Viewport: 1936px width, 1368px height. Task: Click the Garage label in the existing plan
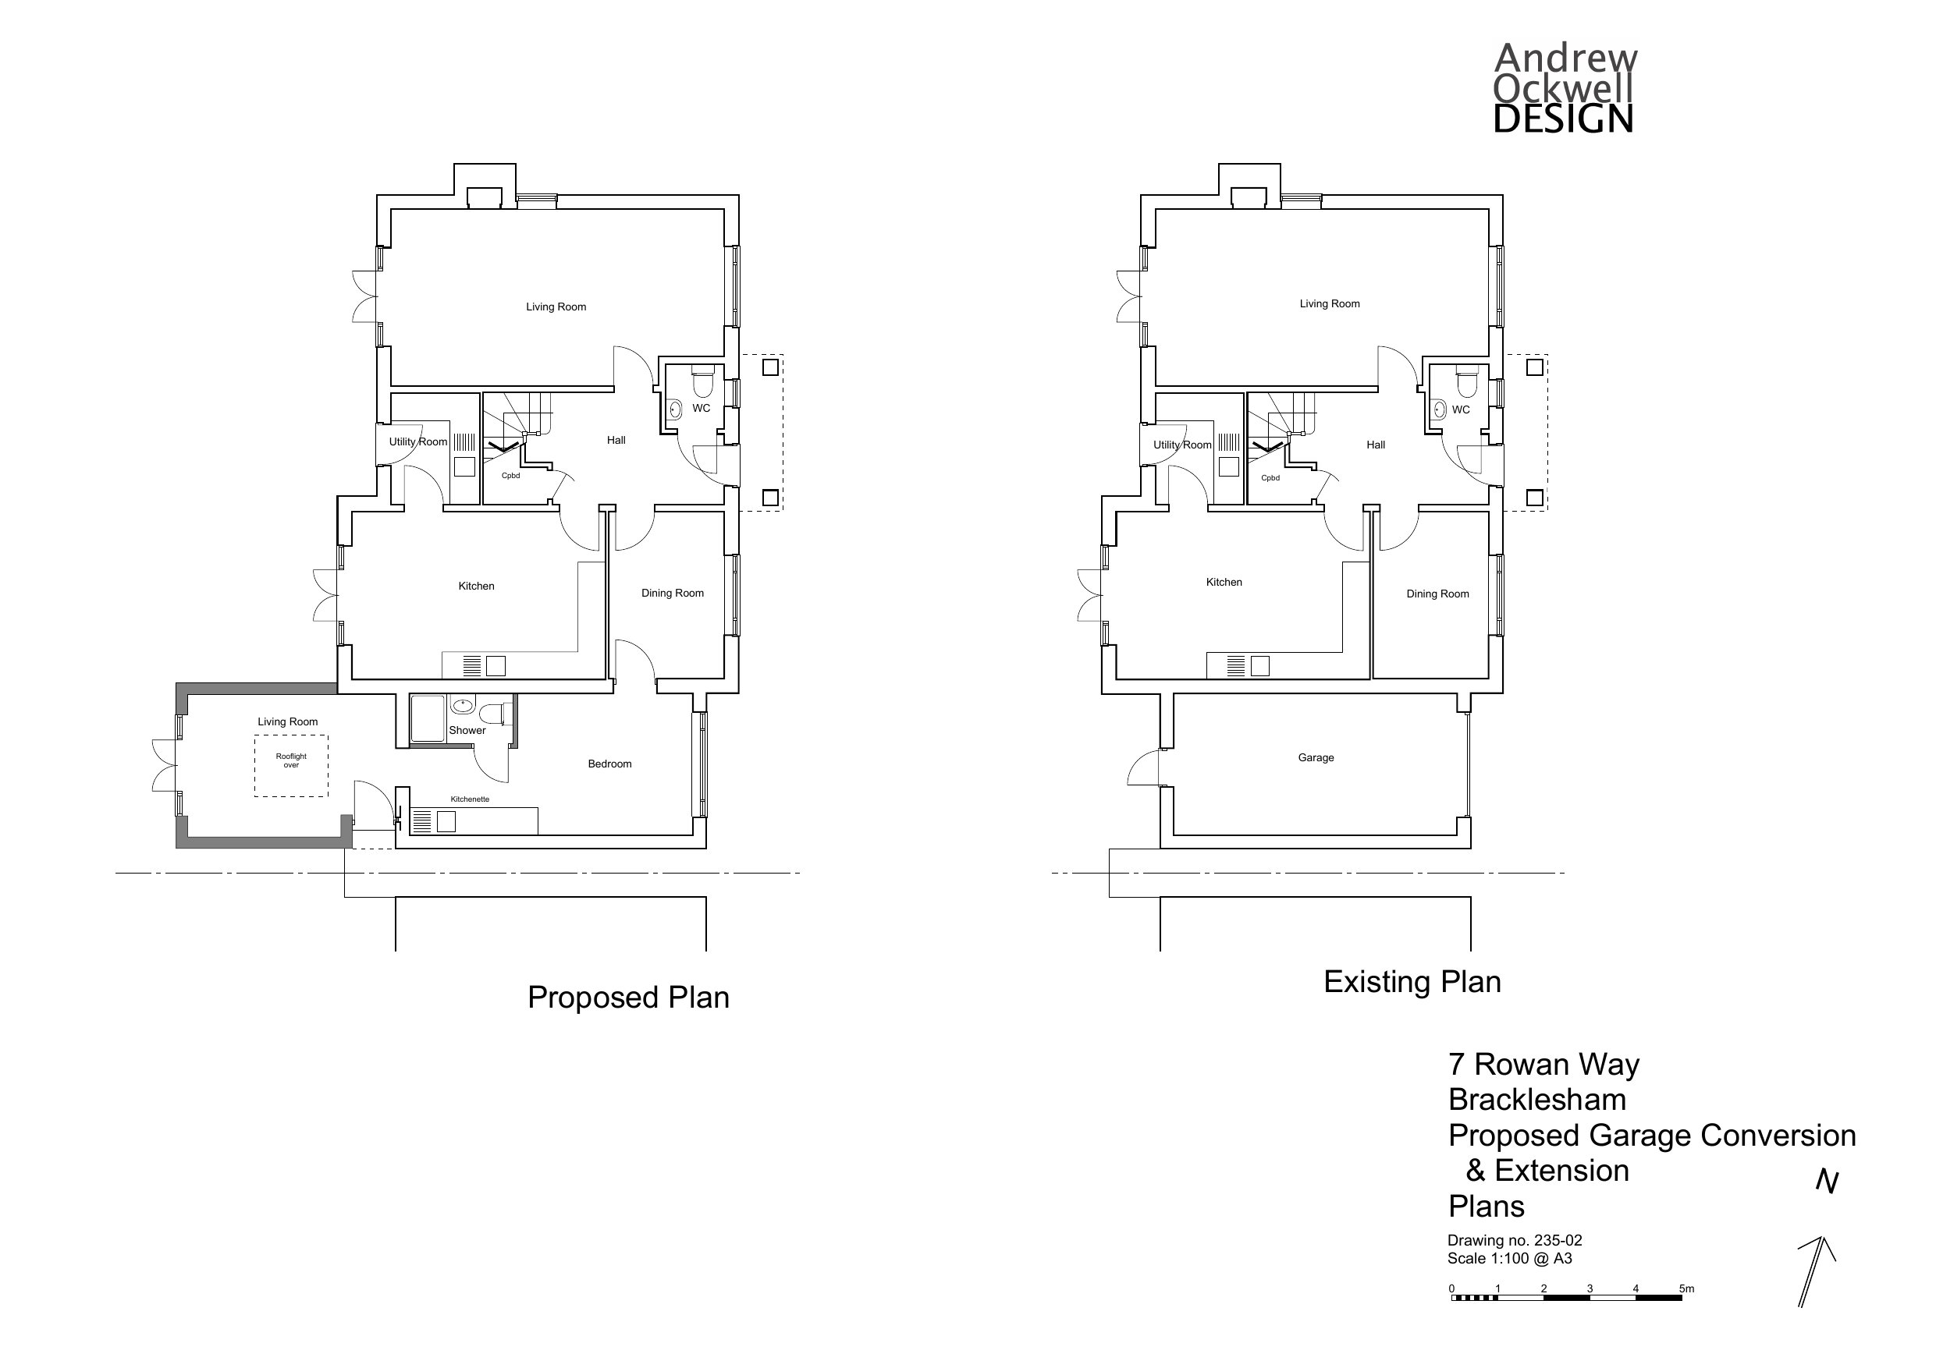click(1316, 758)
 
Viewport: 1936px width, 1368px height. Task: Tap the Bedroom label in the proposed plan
click(609, 764)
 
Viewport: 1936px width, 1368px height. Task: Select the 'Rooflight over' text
click(291, 760)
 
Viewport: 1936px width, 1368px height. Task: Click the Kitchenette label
click(470, 799)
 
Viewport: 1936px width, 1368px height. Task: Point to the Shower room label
click(467, 730)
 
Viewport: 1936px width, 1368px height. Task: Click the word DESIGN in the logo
click(1562, 119)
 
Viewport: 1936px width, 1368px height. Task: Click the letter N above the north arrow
click(1828, 1182)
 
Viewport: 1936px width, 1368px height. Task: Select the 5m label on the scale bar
click(1686, 1288)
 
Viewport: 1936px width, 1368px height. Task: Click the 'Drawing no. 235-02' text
click(1515, 1241)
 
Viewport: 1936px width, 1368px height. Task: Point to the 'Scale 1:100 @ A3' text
click(1509, 1259)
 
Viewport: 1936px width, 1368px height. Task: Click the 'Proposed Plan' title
click(628, 997)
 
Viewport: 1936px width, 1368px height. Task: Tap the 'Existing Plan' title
click(1412, 982)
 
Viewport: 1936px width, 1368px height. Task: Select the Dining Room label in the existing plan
click(1437, 594)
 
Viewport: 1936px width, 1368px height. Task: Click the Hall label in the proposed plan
click(616, 440)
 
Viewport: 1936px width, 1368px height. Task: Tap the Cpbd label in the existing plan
click(1270, 478)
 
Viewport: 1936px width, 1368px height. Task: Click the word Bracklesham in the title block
click(1537, 1100)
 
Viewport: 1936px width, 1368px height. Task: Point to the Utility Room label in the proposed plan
click(418, 441)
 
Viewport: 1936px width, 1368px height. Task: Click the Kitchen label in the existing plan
click(1224, 583)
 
